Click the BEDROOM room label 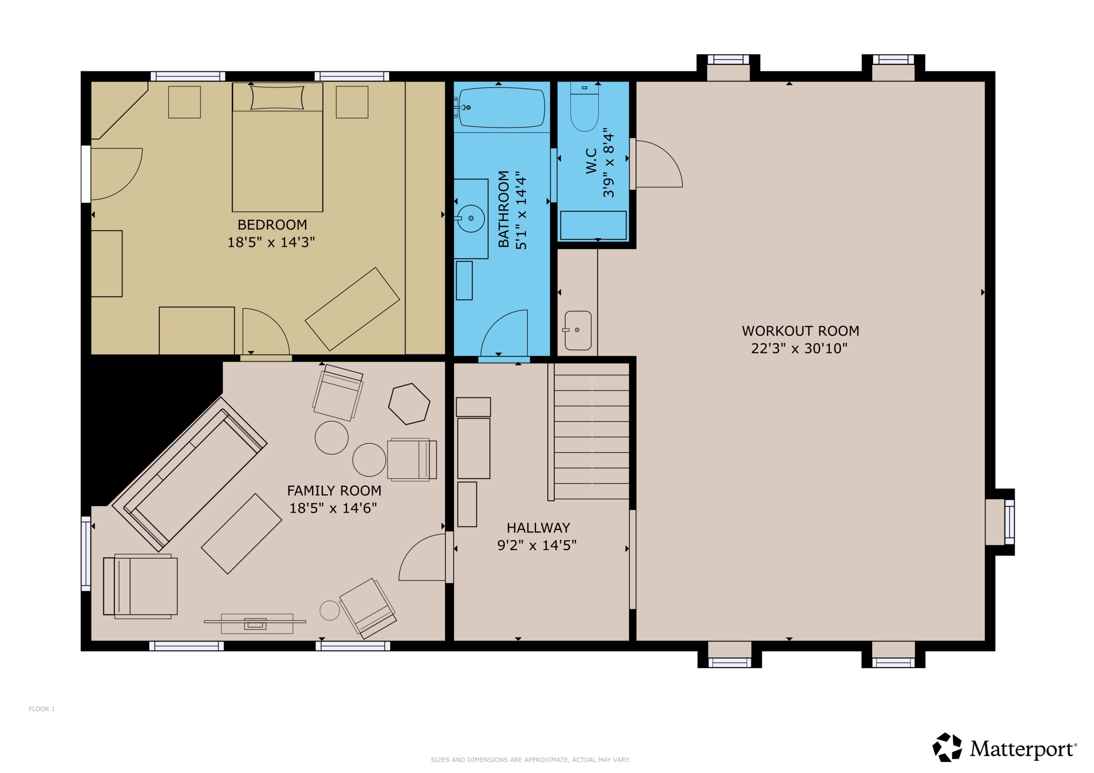tap(272, 225)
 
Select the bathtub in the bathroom tap(502, 108)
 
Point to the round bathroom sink tap(471, 219)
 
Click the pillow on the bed tap(277, 98)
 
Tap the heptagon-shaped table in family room tap(409, 404)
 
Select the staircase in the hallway tap(591, 436)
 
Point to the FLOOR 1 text tap(42, 709)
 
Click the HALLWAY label tap(538, 528)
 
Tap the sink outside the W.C tap(578, 331)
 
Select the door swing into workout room tap(657, 164)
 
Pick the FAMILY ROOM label tap(334, 491)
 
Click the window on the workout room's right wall tap(1009, 522)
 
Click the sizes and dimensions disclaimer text tap(530, 760)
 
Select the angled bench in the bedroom tap(352, 309)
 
